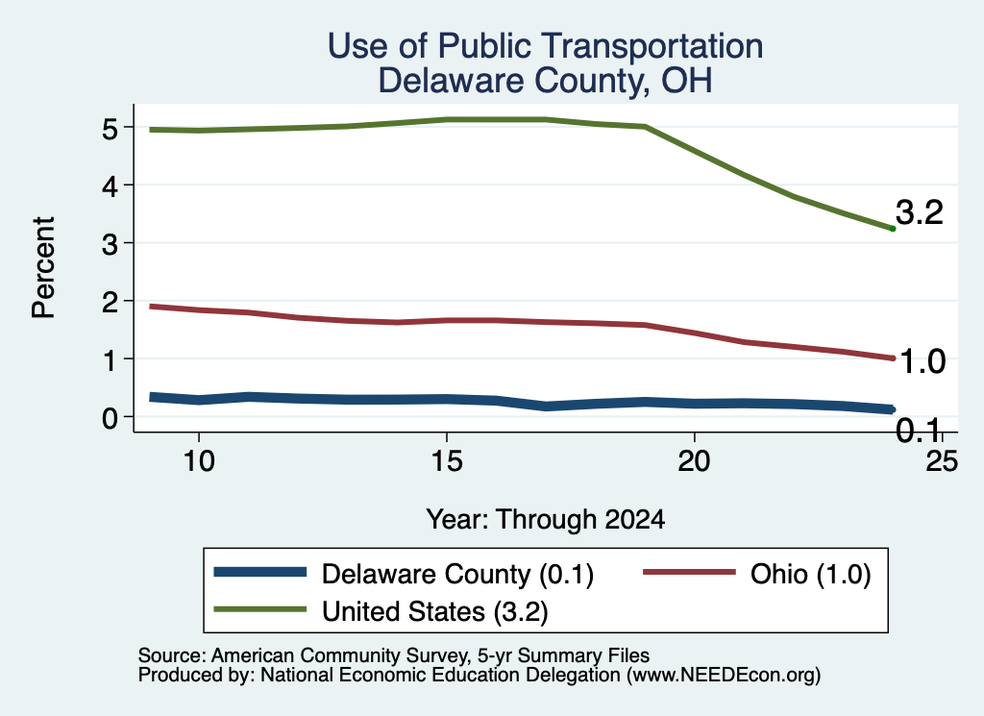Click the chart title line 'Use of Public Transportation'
pyautogui.click(x=545, y=46)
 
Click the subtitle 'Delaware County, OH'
pyautogui.click(x=545, y=81)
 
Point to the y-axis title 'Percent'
pyautogui.click(x=43, y=267)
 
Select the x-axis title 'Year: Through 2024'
pyautogui.click(x=546, y=520)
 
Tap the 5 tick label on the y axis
pyautogui.click(x=110, y=128)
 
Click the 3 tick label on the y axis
pyautogui.click(x=110, y=244)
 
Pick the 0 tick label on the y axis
pyautogui.click(x=110, y=418)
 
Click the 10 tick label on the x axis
pyautogui.click(x=199, y=461)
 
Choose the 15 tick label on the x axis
pyautogui.click(x=447, y=461)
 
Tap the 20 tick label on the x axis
pyautogui.click(x=694, y=461)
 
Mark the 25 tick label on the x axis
pyautogui.click(x=942, y=461)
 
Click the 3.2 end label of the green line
pyautogui.click(x=920, y=212)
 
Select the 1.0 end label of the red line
pyautogui.click(x=922, y=362)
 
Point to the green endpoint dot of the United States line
pyautogui.click(x=893, y=229)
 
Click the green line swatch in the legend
pyautogui.click(x=259, y=609)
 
